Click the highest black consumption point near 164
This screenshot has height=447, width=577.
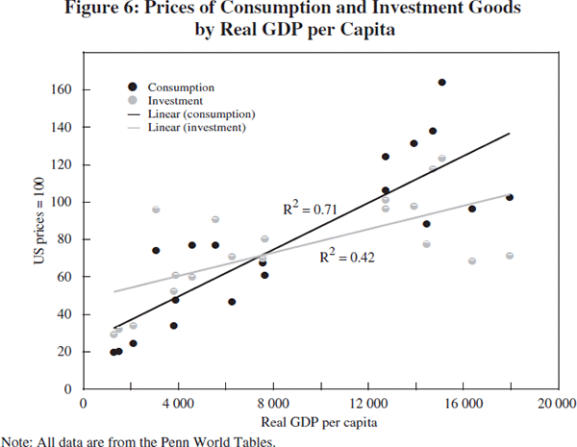point(441,83)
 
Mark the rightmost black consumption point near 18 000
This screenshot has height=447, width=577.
point(510,197)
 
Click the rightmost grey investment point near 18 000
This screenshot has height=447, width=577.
point(510,256)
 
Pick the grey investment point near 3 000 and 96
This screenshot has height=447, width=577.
point(156,210)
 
